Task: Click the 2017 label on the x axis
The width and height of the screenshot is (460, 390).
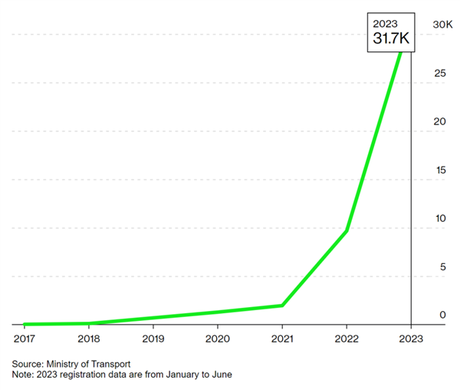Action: coord(25,338)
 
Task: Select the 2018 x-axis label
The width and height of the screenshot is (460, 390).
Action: coord(89,338)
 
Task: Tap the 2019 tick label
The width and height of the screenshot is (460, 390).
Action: coord(153,338)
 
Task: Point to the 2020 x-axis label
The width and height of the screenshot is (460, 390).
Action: coord(218,338)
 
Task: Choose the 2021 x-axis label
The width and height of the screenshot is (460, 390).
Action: coord(282,338)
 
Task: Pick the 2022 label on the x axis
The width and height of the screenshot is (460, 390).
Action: coord(347,338)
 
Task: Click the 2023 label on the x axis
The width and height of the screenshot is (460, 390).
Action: coord(411,338)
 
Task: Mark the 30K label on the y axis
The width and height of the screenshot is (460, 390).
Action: coord(442,25)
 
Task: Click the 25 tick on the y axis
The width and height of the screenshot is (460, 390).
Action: coord(439,74)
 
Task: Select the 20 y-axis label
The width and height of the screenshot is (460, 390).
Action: coord(439,122)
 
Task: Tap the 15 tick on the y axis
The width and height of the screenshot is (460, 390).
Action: coord(439,170)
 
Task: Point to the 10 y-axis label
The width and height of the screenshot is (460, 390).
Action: coord(439,219)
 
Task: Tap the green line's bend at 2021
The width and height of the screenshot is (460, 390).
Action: coord(283,305)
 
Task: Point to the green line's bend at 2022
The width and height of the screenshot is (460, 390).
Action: coord(347,230)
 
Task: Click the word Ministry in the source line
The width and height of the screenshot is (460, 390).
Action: coord(69,363)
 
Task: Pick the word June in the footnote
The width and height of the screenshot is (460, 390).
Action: coord(219,375)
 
